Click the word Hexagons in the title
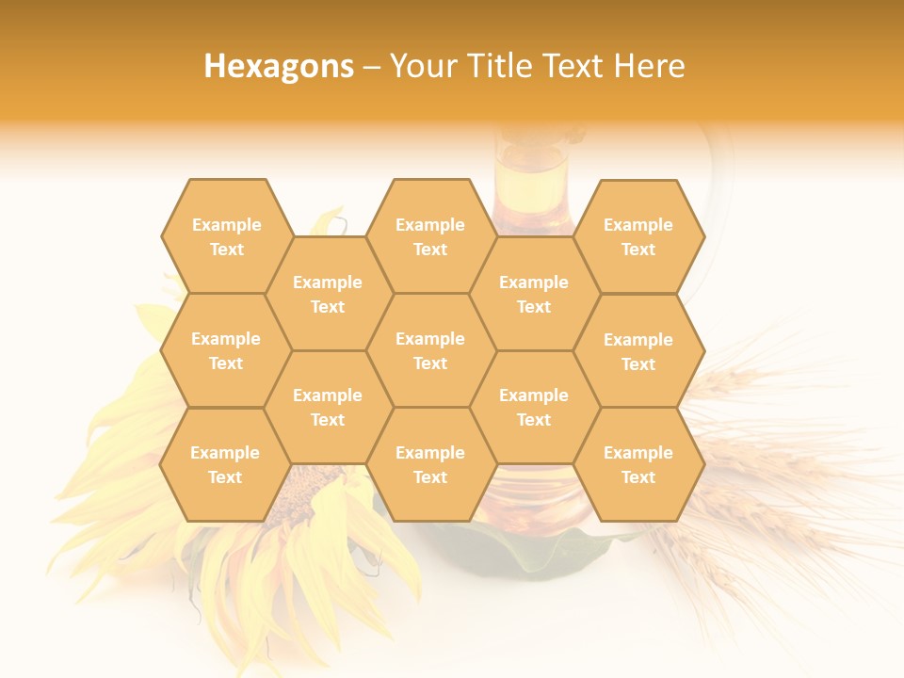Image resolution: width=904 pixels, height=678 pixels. pos(279,66)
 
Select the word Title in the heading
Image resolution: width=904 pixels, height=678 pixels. pos(505,66)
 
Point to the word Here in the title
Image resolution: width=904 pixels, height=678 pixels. pos(649,66)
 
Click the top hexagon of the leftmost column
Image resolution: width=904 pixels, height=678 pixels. pos(226,236)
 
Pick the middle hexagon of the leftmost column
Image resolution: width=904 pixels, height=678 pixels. pos(226,350)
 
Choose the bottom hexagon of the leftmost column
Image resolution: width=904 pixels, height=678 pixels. pos(225,464)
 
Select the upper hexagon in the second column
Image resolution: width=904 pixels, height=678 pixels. pos(328,294)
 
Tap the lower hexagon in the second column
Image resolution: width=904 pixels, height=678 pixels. pos(328,407)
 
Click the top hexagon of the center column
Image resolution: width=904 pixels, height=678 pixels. pos(430,236)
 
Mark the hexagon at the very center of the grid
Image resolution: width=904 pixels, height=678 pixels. pos(430,350)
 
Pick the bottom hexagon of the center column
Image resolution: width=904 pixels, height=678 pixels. pos(430,464)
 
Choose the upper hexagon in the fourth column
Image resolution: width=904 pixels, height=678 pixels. pos(534,294)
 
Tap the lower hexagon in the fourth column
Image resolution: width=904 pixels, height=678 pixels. pos(534,407)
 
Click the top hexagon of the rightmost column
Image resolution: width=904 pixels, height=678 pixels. pos(638,236)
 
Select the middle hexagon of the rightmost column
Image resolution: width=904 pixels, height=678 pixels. pos(638,351)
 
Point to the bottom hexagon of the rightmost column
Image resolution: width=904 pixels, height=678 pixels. pos(638,464)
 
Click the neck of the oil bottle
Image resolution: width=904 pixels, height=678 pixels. pos(533,174)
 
